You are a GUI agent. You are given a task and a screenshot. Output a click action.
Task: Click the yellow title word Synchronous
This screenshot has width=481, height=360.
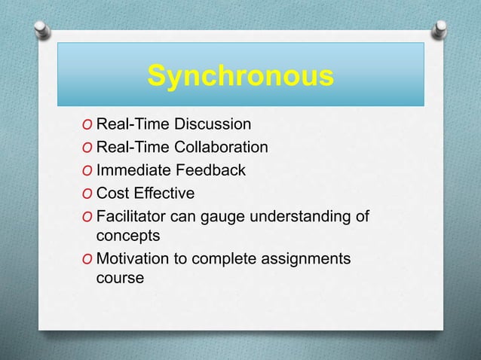coord(240,76)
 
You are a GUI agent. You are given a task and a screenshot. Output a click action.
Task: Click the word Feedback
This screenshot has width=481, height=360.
coord(210,170)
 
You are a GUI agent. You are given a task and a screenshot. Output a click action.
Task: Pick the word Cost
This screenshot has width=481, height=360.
coord(112,194)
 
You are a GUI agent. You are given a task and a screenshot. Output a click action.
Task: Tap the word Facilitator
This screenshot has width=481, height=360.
coord(133,218)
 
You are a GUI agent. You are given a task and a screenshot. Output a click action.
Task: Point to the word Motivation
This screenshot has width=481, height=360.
coord(133,260)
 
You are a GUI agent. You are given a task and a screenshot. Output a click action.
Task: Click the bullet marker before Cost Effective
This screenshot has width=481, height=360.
coord(90,194)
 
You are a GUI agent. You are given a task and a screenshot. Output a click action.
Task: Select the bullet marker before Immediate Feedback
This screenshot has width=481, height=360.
coord(90,171)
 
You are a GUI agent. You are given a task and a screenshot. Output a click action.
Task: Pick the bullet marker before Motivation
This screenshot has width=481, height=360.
coord(90,261)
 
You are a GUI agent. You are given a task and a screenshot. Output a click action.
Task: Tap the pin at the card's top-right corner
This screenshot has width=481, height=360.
coord(439,29)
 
